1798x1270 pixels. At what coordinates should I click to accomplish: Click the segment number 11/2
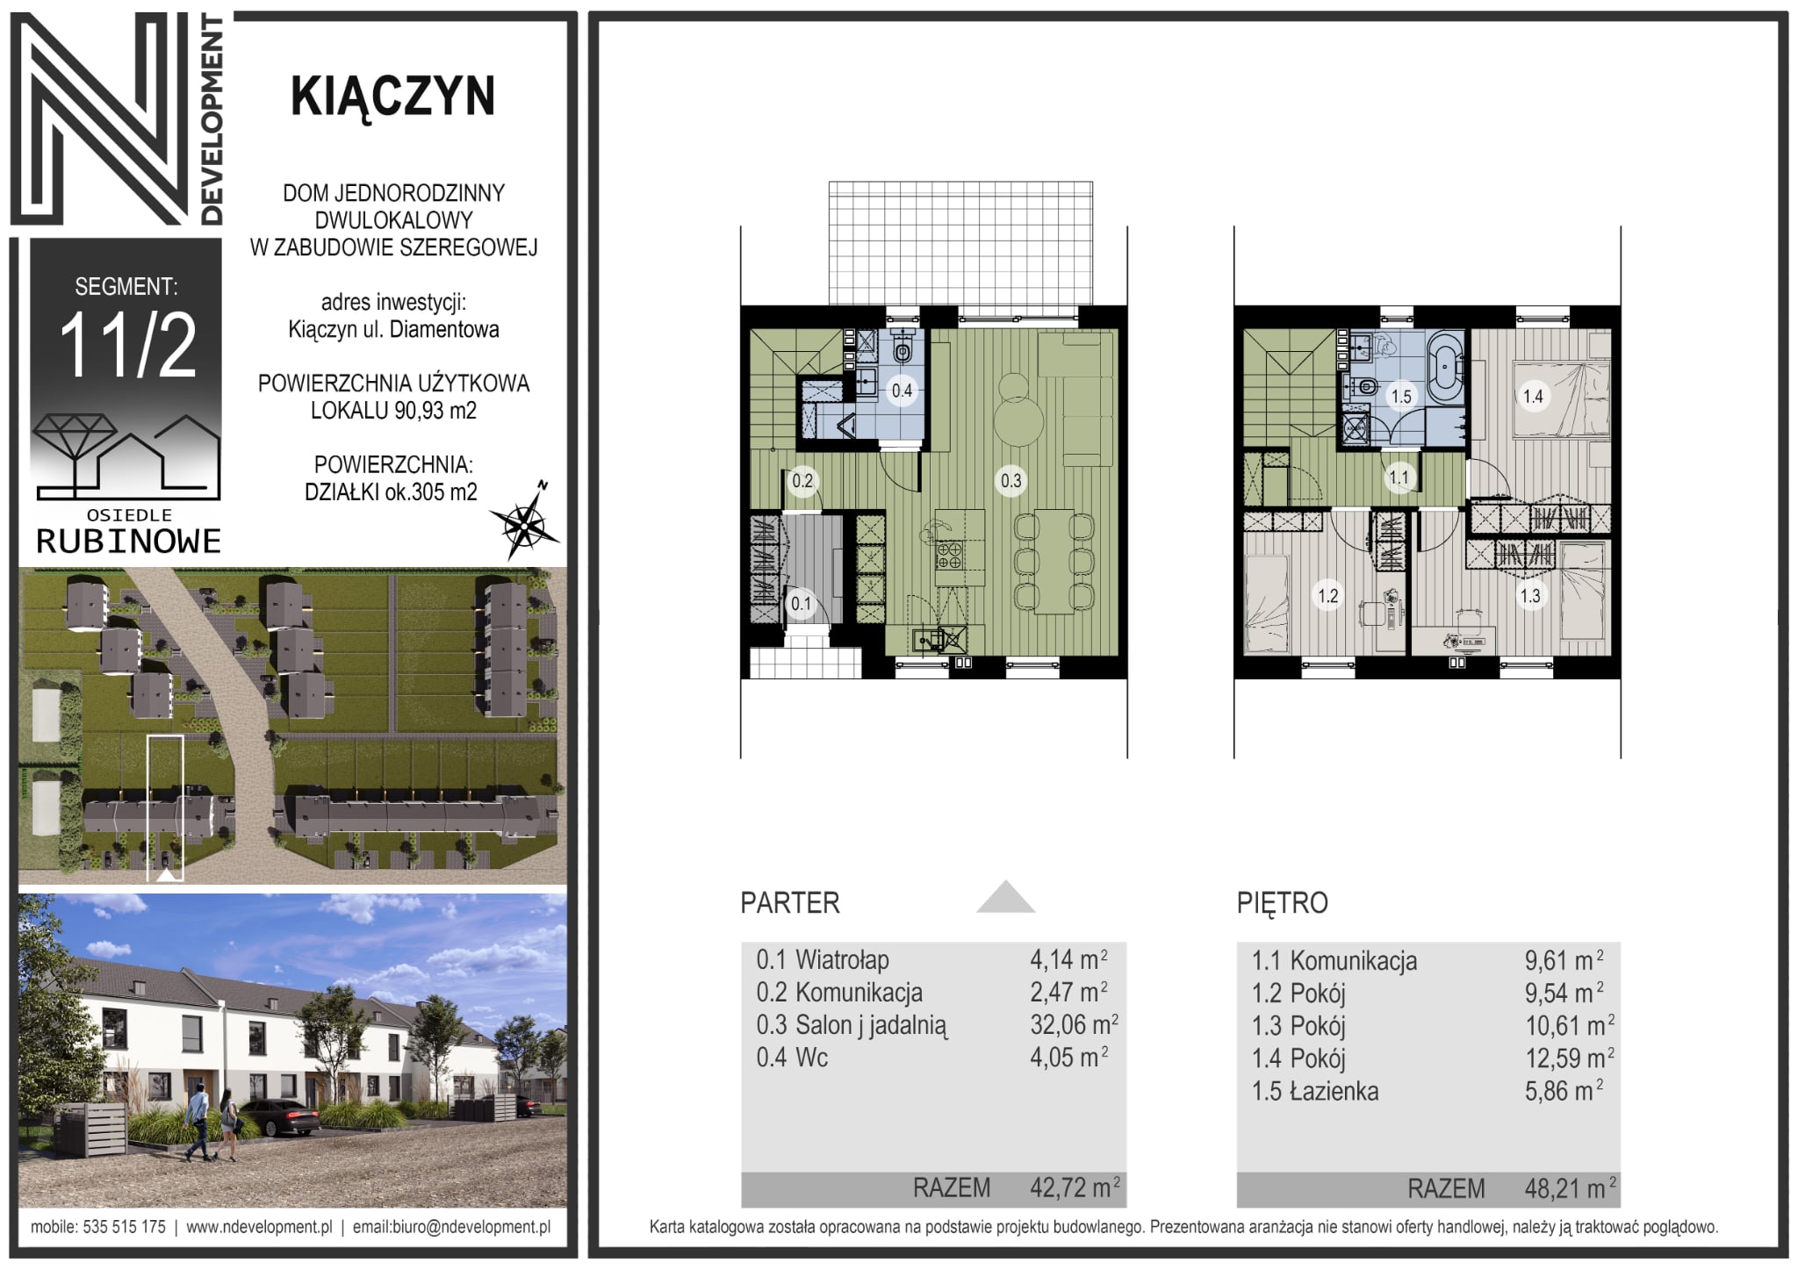coord(128,346)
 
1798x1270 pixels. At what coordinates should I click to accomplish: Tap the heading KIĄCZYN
coord(392,96)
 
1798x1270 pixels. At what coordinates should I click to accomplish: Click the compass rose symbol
coord(524,521)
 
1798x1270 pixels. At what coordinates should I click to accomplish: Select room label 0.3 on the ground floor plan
coord(1010,480)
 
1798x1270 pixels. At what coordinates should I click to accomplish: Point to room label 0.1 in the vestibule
coord(801,604)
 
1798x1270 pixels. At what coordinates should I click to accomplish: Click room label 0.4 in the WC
coord(902,391)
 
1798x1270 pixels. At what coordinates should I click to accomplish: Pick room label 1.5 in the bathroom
coord(1401,397)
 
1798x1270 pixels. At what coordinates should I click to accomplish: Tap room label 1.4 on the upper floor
coord(1533,397)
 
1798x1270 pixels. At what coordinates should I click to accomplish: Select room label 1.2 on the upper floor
coord(1327,596)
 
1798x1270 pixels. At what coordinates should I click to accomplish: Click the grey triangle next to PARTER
coord(1006,898)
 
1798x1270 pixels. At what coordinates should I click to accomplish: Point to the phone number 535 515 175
coord(124,1227)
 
